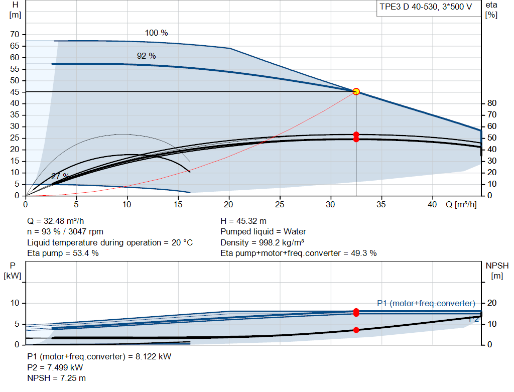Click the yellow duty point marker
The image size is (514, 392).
[x=356, y=92]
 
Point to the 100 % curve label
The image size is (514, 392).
[x=157, y=33]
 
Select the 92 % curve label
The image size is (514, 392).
[x=146, y=56]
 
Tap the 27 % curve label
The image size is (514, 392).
[x=60, y=176]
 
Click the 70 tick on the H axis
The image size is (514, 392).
[x=15, y=35]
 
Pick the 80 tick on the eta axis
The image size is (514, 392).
[x=492, y=103]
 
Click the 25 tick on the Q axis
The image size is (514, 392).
[x=280, y=204]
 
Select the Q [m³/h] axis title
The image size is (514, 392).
[x=461, y=204]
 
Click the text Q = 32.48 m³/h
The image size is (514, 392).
[x=55, y=221]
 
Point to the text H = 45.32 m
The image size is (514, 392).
[x=243, y=221]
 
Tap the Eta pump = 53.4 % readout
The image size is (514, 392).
[x=63, y=253]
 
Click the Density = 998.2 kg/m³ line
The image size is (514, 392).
[x=262, y=242]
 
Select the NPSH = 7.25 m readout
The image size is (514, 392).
[x=56, y=378]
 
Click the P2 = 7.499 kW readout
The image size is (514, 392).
[x=55, y=367]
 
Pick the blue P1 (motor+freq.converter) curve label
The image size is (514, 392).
[x=426, y=303]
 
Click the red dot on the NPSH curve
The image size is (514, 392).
[x=356, y=330]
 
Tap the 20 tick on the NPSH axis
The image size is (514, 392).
[x=492, y=303]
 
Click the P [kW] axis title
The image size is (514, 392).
[x=13, y=271]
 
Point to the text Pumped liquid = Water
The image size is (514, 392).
[x=263, y=232]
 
